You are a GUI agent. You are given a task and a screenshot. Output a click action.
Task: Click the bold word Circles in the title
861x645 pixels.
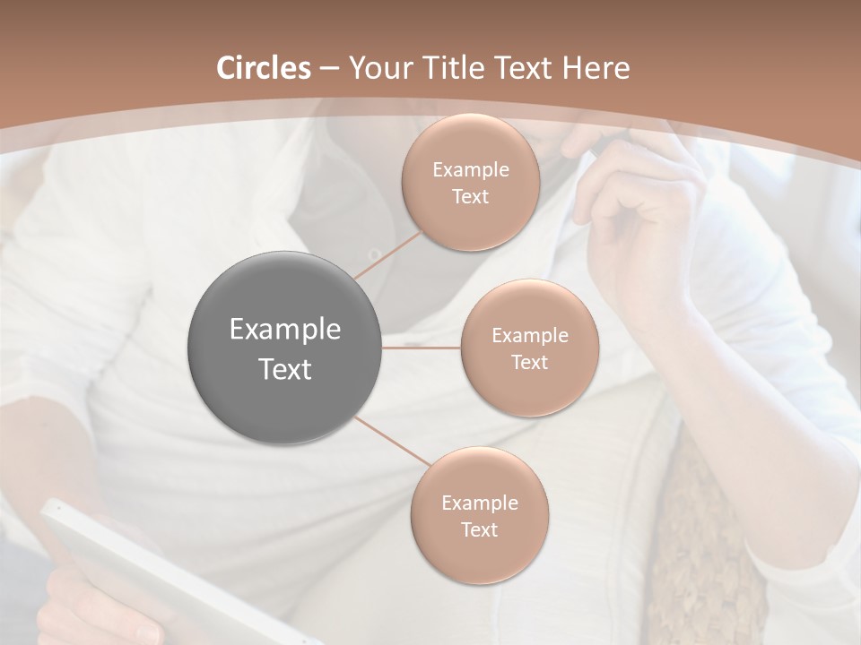click(x=263, y=68)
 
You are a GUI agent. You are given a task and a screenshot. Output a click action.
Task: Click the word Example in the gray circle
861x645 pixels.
click(x=285, y=330)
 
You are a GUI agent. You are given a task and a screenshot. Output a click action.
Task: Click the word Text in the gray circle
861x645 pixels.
click(x=285, y=369)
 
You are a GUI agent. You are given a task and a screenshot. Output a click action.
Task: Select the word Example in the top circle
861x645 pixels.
click(x=470, y=170)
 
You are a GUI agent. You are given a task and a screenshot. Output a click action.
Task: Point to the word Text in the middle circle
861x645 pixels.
click(x=529, y=362)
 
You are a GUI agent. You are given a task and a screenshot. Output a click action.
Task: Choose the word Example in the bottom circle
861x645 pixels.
click(x=479, y=503)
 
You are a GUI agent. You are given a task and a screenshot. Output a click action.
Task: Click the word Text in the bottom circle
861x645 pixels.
click(x=479, y=529)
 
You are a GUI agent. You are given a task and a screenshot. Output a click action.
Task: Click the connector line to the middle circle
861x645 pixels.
click(x=422, y=348)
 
